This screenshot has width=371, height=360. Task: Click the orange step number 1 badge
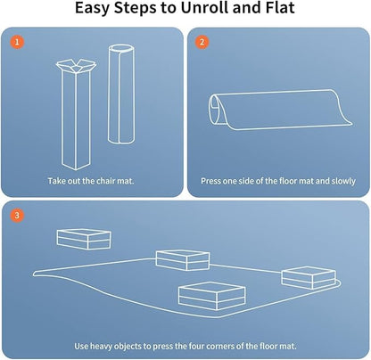17,42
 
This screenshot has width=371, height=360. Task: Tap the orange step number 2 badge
202,42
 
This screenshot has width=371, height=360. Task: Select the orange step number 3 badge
17,215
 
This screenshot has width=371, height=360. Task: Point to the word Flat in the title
278,8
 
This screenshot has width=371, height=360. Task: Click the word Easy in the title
92,9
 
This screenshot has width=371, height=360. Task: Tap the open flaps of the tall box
77,66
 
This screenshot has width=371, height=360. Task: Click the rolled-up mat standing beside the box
121,94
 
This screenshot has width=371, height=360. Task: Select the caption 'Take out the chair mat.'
91,181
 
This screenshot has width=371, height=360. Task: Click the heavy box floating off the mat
84,239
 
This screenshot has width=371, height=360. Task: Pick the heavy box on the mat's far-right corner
309,278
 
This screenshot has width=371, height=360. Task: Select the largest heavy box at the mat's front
211,296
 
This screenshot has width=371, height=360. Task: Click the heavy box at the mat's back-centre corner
183,260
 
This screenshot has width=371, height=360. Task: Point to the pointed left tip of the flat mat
34,274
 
